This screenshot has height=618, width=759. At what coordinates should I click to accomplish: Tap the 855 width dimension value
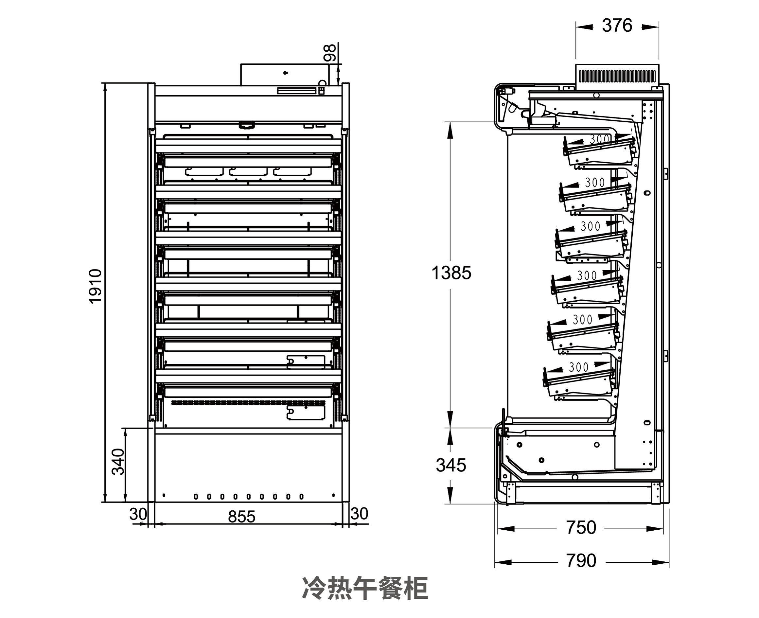[x=242, y=517]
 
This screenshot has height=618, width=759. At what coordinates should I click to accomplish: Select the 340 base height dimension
[x=118, y=462]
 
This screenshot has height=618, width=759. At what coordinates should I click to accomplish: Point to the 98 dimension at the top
[x=330, y=53]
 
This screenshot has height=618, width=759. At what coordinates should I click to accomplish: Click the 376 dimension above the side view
[x=617, y=26]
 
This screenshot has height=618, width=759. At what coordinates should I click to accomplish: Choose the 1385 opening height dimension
[x=451, y=273]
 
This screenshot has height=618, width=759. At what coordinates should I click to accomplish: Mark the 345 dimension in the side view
[x=451, y=465]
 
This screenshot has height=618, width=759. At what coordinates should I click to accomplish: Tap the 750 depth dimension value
[x=581, y=527]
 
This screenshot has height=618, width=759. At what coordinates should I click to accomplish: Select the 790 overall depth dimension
[x=581, y=560]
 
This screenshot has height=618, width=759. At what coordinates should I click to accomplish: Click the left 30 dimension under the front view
[x=138, y=514]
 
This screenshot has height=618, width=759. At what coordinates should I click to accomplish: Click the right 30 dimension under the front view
[x=359, y=514]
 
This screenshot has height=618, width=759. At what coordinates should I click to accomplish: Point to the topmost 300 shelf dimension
[x=600, y=139]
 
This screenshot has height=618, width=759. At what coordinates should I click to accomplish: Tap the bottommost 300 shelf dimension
[x=579, y=367]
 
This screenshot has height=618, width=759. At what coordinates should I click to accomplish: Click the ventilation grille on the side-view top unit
[x=617, y=76]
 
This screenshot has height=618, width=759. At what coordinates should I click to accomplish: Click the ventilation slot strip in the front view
[x=248, y=403]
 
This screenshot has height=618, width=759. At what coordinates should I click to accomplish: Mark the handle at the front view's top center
[x=246, y=125]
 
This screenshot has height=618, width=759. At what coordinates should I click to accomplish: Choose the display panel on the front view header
[x=296, y=91]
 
